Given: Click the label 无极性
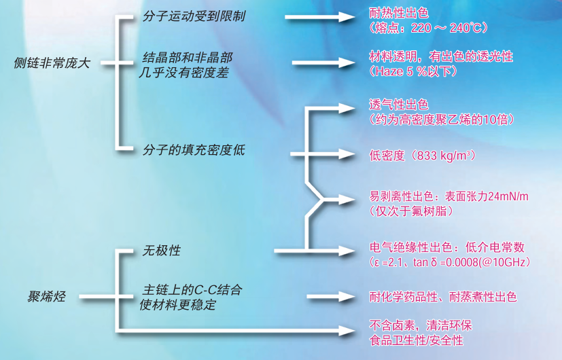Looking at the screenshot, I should pyautogui.click(x=161, y=251).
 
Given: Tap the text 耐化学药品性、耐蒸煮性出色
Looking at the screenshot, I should pyautogui.click(x=442, y=297).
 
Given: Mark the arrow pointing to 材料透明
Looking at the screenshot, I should pyautogui.click(x=325, y=63).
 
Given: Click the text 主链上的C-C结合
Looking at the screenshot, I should pyautogui.click(x=192, y=290).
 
